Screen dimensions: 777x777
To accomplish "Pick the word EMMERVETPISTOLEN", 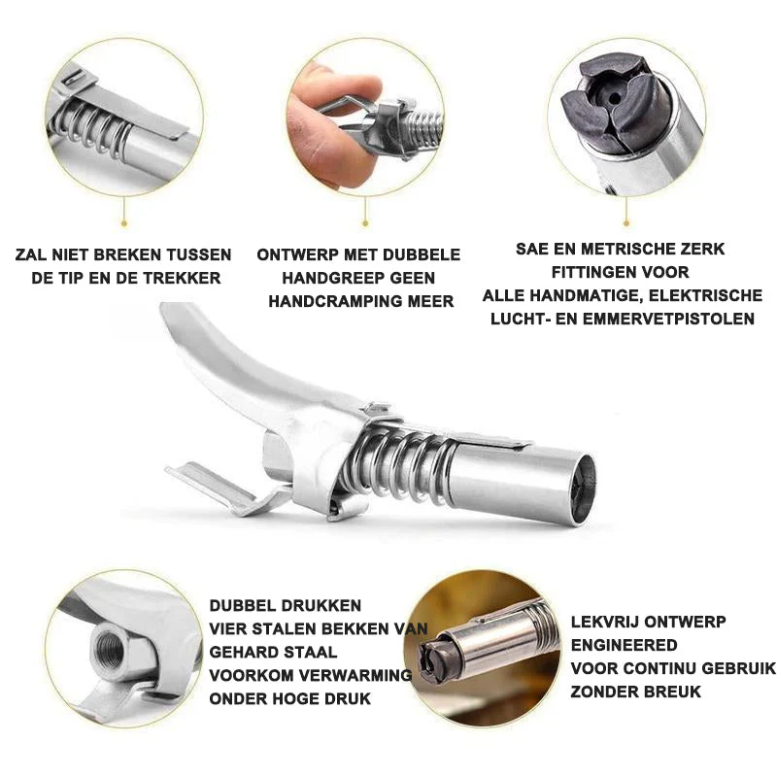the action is click(668, 319).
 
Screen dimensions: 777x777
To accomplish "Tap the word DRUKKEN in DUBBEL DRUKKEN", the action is click(322, 605).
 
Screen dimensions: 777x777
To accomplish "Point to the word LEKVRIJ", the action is click(604, 622).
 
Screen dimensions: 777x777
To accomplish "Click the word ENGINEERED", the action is click(624, 645).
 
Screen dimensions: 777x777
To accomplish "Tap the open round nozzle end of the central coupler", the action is click(583, 489).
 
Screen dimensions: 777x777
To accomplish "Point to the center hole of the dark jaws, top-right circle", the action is click(615, 99).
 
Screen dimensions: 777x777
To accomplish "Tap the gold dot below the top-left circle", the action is click(124, 223).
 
